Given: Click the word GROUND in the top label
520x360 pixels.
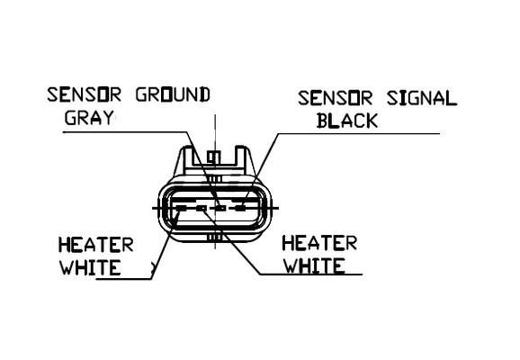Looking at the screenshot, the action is coord(173,94).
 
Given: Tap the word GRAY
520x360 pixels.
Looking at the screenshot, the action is coord(90,118).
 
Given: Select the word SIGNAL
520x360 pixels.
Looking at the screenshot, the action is coord(422,98).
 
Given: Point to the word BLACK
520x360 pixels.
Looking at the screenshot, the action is coord(347,121).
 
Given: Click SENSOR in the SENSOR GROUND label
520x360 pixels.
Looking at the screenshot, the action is coord(85,94).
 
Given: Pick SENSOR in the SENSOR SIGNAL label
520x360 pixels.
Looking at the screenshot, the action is coord(336,98).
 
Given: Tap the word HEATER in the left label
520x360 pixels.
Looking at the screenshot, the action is coord(96,245).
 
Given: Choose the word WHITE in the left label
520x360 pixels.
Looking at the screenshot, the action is coord(90,268).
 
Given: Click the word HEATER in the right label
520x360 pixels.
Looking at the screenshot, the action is coord(319,244).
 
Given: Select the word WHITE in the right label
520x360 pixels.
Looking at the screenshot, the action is coord(314,266).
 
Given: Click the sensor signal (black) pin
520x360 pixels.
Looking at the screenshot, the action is coord(241,208).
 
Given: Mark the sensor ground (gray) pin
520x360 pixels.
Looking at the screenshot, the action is coord(220,208).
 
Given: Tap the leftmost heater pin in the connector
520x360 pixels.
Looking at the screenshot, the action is coord(181,208).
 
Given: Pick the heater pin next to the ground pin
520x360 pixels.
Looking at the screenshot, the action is coord(202,208).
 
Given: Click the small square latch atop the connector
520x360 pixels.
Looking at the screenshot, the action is coord(214,157).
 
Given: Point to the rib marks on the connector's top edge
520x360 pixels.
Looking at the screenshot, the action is coord(216,179).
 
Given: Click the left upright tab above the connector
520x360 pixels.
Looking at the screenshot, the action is coord(186,158).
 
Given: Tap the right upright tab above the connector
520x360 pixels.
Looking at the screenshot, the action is coord(242,158).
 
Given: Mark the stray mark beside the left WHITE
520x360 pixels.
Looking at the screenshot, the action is coord(153,268).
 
